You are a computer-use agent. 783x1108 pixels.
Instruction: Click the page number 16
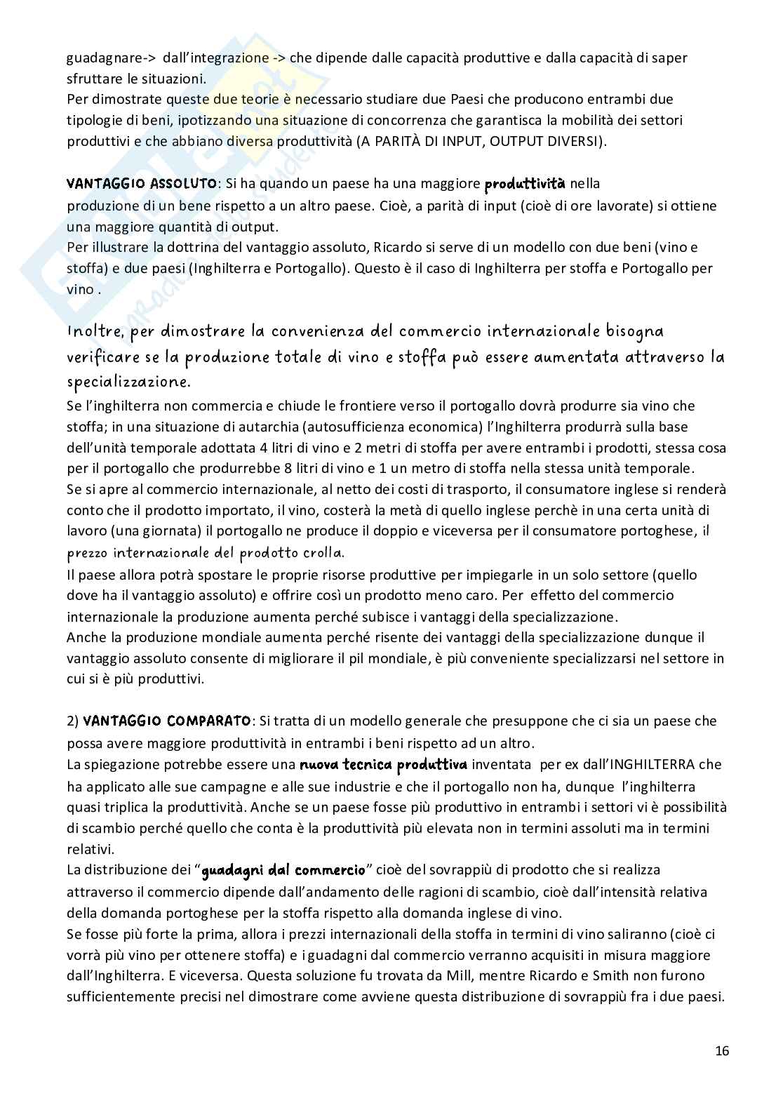tap(722, 1050)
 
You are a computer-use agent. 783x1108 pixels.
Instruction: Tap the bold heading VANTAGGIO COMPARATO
tap(166, 721)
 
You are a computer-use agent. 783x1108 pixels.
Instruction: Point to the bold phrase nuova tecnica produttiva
tap(383, 763)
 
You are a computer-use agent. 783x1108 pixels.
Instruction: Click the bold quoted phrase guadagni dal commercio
tap(283, 870)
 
